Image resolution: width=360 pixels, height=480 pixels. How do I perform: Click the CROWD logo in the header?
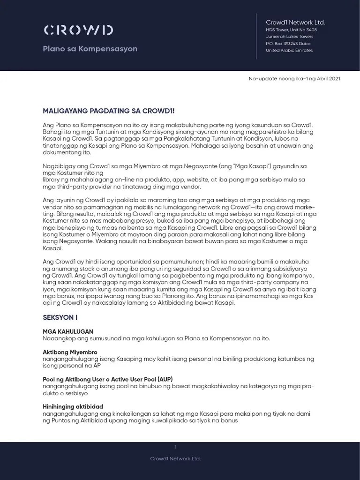pos(78,30)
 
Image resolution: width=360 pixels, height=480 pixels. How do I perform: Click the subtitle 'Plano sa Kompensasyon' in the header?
pos(90,49)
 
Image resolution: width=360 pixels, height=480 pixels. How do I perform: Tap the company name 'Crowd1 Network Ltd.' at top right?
pos(295,22)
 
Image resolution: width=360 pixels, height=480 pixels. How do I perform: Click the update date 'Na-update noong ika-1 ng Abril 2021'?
pos(294,78)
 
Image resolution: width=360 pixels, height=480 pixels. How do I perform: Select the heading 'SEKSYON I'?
pos(60,317)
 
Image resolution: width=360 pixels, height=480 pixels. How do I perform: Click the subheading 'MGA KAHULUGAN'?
pos(68,331)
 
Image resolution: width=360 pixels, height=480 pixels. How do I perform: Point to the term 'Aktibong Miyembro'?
pos(70,352)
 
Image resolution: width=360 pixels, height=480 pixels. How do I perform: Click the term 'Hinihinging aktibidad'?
pos(73,406)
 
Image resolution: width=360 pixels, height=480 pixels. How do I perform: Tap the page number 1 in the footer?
pos(175,447)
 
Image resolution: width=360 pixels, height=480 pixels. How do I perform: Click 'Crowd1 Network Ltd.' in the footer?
pos(175,458)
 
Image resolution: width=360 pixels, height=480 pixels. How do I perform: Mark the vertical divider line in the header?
pos(256,36)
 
